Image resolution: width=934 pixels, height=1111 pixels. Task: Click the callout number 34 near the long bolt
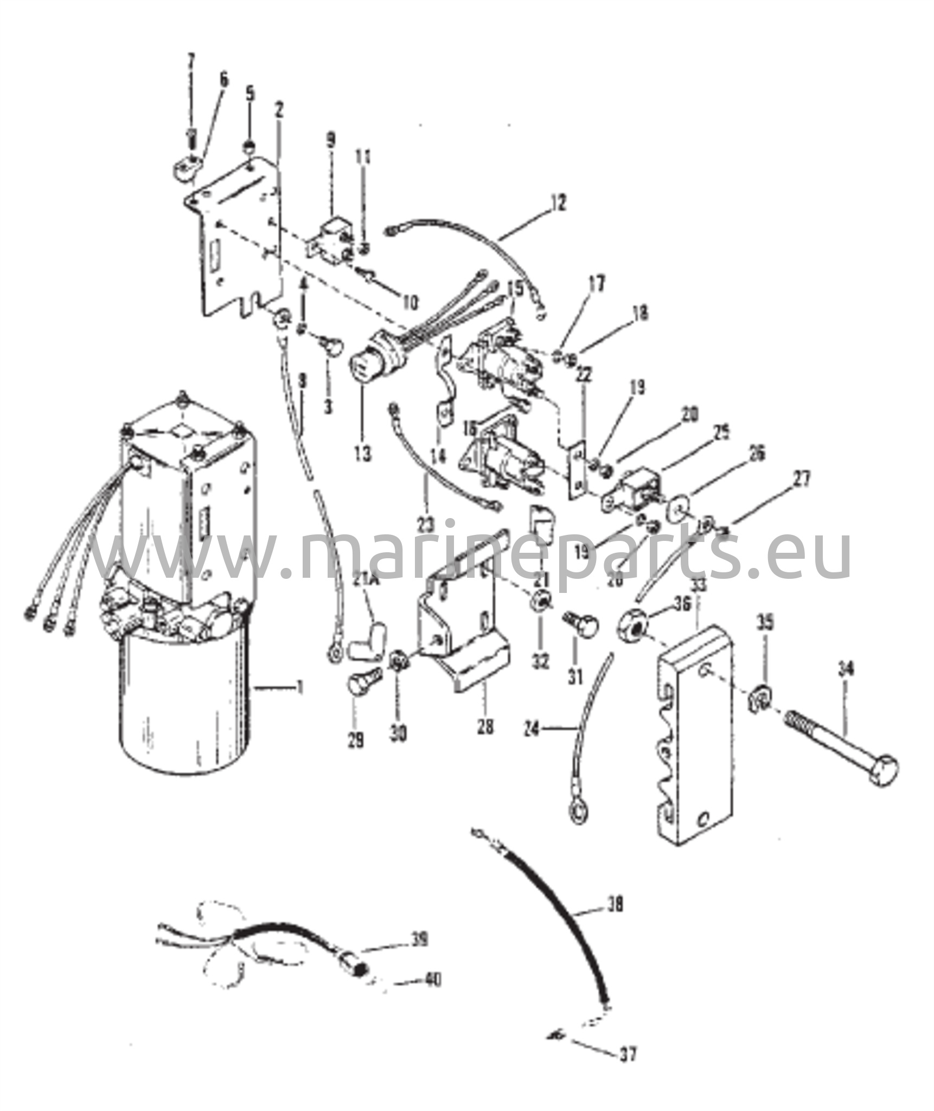coord(846,669)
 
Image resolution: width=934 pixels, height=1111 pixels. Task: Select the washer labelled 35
coord(761,700)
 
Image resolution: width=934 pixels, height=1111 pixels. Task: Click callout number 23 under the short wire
coord(426,523)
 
